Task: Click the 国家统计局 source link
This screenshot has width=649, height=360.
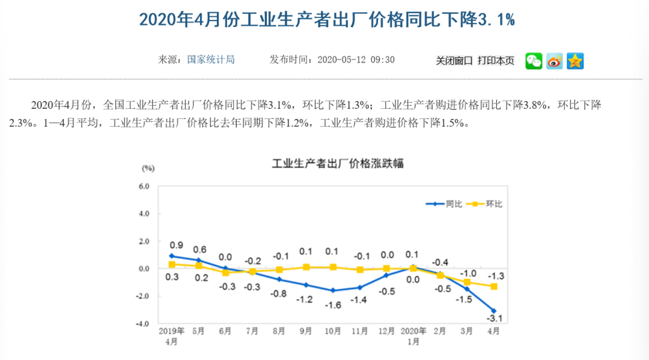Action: point(210,59)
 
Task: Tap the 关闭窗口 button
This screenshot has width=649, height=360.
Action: point(454,61)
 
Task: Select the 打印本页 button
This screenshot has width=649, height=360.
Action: point(496,61)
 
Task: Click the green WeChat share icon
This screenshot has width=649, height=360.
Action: point(534,61)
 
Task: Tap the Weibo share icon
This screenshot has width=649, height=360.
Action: point(555,61)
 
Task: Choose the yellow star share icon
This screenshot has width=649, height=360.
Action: point(575,61)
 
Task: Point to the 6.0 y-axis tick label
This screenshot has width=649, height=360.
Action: point(144,186)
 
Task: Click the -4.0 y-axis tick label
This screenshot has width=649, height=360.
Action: point(142,323)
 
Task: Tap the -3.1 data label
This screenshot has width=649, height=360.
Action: point(495,319)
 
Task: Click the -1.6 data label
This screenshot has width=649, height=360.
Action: point(333,305)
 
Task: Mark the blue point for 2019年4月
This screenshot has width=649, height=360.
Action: point(172,256)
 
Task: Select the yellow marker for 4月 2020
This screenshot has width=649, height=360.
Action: point(494,287)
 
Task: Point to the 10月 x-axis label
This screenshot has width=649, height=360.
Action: point(332,331)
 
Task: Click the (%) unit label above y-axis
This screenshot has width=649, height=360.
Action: point(148,168)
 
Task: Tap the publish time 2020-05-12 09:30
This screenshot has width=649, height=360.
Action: point(355,59)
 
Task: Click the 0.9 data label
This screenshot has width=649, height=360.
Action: point(176,245)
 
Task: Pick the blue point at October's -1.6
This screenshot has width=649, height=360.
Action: point(333,290)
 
